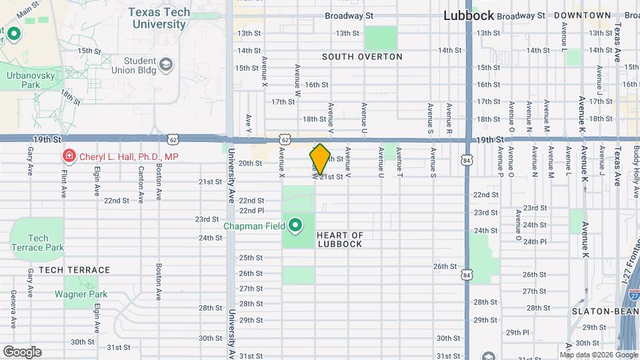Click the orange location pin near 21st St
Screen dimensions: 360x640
[320, 159]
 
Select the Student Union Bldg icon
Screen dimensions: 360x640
[165, 65]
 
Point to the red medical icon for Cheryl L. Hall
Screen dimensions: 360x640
[68, 157]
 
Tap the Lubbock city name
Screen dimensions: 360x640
[469, 15]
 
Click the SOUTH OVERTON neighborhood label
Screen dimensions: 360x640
[362, 57]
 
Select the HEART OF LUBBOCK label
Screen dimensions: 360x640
[339, 239]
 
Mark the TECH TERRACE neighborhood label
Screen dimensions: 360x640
[74, 270]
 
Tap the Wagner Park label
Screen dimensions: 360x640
[81, 294]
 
